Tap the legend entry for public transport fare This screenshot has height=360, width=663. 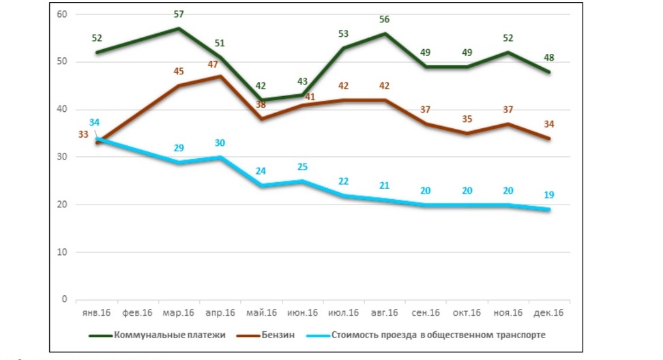pyautogui.click(x=439, y=335)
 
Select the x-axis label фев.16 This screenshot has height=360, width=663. pyautogui.click(x=138, y=313)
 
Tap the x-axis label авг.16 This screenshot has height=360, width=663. pyautogui.click(x=385, y=313)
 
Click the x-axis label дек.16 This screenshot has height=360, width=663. pyautogui.click(x=549, y=313)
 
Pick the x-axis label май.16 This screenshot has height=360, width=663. pyautogui.click(x=261, y=313)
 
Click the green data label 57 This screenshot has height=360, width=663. pyautogui.click(x=178, y=14)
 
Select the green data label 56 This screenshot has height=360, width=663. pyautogui.click(x=384, y=18)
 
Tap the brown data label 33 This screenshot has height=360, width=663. pyautogui.click(x=83, y=134)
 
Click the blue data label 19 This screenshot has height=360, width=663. pyautogui.click(x=549, y=195)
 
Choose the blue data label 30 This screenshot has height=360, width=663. pyautogui.click(x=220, y=142)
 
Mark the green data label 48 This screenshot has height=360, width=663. pyautogui.click(x=549, y=57)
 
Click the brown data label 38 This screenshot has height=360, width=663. pyautogui.click(x=261, y=106)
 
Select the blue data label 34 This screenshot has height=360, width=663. pyautogui.click(x=94, y=123)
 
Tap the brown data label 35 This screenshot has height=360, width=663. pyautogui.click(x=467, y=119)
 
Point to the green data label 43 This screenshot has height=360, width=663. pyautogui.click(x=302, y=81)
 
